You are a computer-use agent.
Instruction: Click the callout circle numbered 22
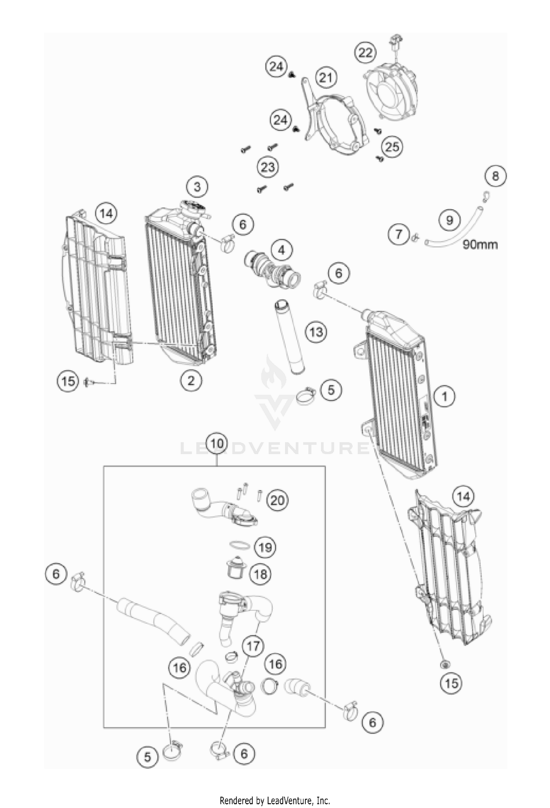tap(365, 52)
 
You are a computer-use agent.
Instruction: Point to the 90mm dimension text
tap(480, 245)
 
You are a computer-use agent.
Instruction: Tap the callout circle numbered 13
tap(316, 332)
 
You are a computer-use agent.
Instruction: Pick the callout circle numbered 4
tap(281, 250)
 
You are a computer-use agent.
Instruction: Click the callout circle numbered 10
tap(217, 444)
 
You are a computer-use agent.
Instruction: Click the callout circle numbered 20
tap(277, 500)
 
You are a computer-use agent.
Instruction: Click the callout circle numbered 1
tap(444, 396)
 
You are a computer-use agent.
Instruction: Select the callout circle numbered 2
tap(191, 381)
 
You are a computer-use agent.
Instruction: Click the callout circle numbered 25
tap(392, 147)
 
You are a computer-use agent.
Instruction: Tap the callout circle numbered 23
tap(268, 168)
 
